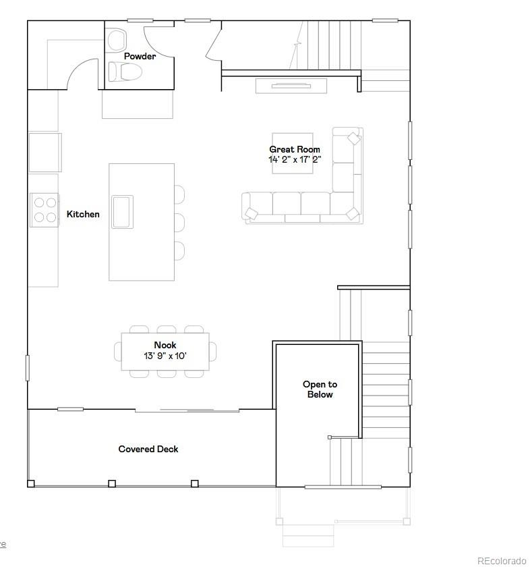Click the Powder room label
tap(140, 56)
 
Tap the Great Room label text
tap(295, 149)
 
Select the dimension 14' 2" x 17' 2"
tap(295, 160)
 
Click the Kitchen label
tap(83, 214)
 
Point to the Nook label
tap(165, 345)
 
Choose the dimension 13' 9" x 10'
tap(165, 355)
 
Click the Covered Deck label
tap(148, 449)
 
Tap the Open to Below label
tap(320, 389)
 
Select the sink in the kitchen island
tap(122, 211)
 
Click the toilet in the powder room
tap(124, 72)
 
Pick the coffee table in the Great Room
tap(292, 153)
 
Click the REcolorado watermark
tap(501, 560)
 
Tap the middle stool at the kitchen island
tap(179, 222)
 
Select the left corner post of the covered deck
tap(31, 483)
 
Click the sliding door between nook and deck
tap(187, 410)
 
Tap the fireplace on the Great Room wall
tap(291, 86)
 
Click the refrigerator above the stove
tap(45, 153)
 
